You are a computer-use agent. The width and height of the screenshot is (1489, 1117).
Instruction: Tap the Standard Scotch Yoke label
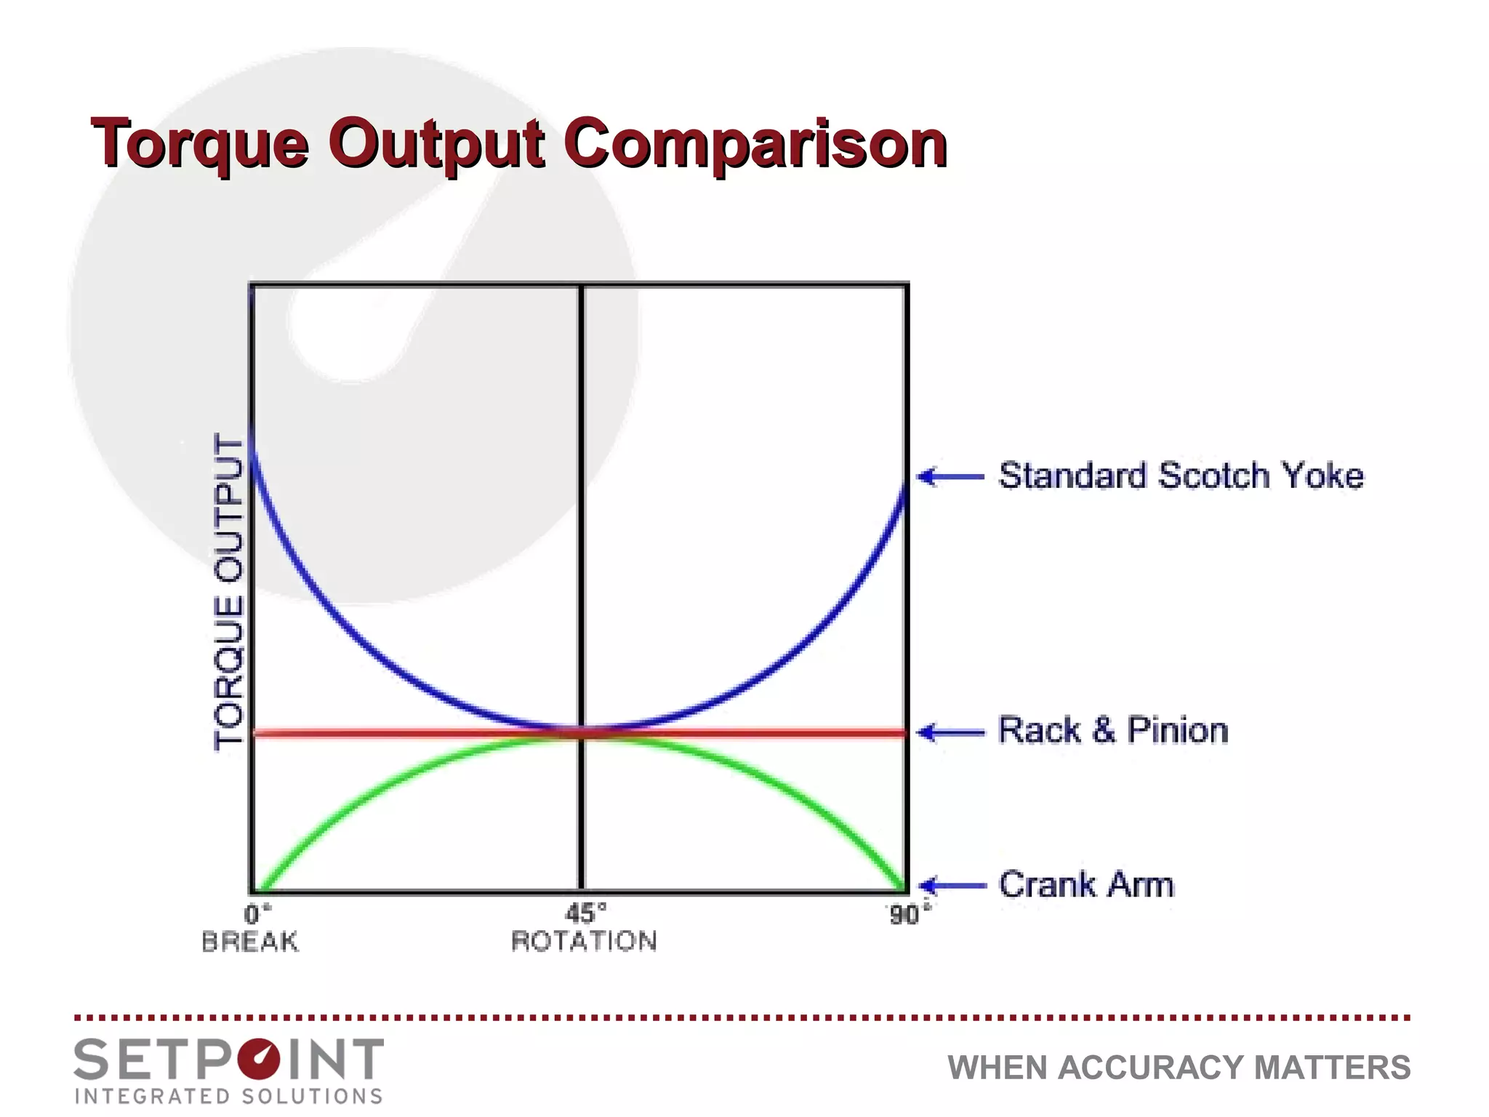[x=1181, y=476]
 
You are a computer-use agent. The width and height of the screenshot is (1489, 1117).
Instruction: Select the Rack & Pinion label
[x=1113, y=730]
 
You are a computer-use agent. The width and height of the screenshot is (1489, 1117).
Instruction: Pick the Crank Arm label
[x=1086, y=884]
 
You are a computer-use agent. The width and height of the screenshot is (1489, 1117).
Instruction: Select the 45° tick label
[x=585, y=913]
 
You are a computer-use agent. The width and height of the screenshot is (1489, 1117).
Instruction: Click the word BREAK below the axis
[x=250, y=942]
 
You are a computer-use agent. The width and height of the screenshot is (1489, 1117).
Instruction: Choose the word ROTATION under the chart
[x=584, y=941]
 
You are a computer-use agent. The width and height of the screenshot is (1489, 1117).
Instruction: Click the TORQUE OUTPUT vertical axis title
[x=228, y=590]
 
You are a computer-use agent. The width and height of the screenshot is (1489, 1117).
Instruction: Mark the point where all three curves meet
[x=582, y=732]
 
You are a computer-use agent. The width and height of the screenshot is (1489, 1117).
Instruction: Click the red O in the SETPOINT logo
[x=259, y=1060]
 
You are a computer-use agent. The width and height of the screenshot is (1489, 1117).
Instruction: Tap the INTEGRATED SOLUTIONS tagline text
[x=229, y=1096]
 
